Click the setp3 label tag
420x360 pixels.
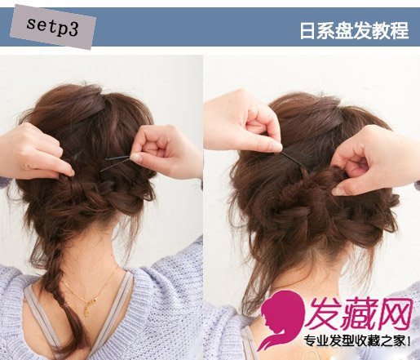(53, 27)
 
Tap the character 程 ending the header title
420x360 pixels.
(400, 30)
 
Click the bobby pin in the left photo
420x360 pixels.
(117, 162)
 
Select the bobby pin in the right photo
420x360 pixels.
(296, 161)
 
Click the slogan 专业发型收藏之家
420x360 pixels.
(355, 341)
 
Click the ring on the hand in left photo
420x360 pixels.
(26, 166)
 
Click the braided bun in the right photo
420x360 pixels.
(312, 212)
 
